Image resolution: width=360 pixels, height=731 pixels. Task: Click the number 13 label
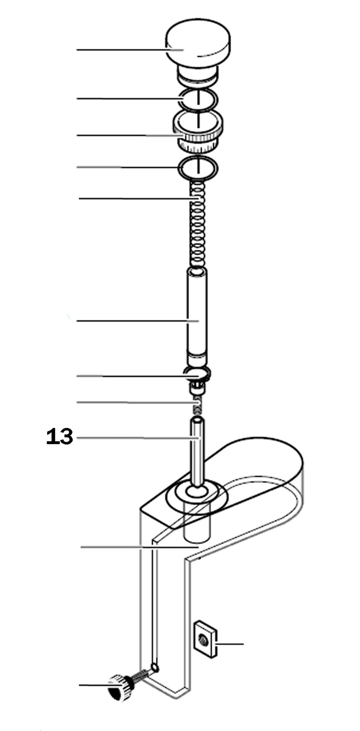[x=60, y=437]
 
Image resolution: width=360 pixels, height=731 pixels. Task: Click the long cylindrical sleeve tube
[x=197, y=314]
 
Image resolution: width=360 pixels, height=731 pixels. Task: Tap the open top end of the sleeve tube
[x=198, y=272]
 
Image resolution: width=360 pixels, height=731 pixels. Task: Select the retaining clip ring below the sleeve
[x=197, y=374]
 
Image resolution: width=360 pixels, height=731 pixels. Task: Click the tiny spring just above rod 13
[x=198, y=405]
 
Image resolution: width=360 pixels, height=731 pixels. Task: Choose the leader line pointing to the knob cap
[x=121, y=49]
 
